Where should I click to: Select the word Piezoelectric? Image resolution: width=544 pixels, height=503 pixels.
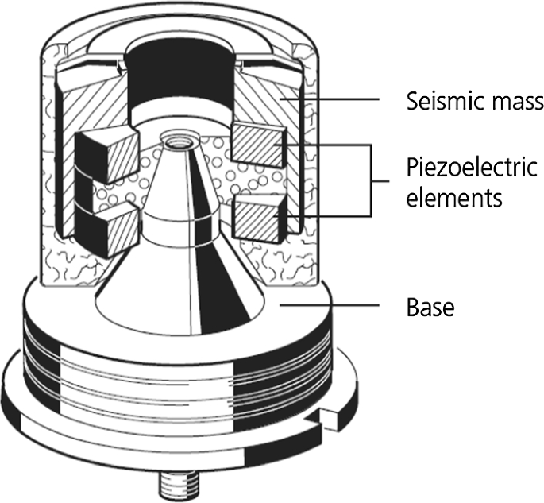coord(472,168)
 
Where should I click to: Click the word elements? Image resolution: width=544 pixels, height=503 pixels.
coord(454,197)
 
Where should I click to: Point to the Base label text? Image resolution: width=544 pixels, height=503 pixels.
coord(430,308)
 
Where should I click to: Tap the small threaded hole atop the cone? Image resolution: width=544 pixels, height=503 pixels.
coord(179,141)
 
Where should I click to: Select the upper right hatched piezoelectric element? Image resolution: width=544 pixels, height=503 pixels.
coord(259,145)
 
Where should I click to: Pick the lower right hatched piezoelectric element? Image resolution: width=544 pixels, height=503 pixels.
coord(260,218)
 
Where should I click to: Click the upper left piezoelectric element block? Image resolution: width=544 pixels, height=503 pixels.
coord(107,154)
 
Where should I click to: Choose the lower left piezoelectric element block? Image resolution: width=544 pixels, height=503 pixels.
coord(107,230)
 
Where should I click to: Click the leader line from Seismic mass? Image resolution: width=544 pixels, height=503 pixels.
coord(330,99)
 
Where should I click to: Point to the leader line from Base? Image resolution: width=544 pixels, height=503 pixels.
coord(330,305)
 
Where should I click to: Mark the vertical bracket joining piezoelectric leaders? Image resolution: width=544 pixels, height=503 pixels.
coord(371,180)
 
